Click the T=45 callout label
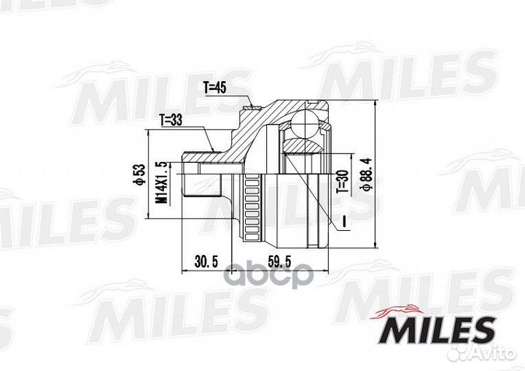coord(217,88)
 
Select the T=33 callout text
coord(170,121)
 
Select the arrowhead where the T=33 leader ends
coord(212,150)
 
